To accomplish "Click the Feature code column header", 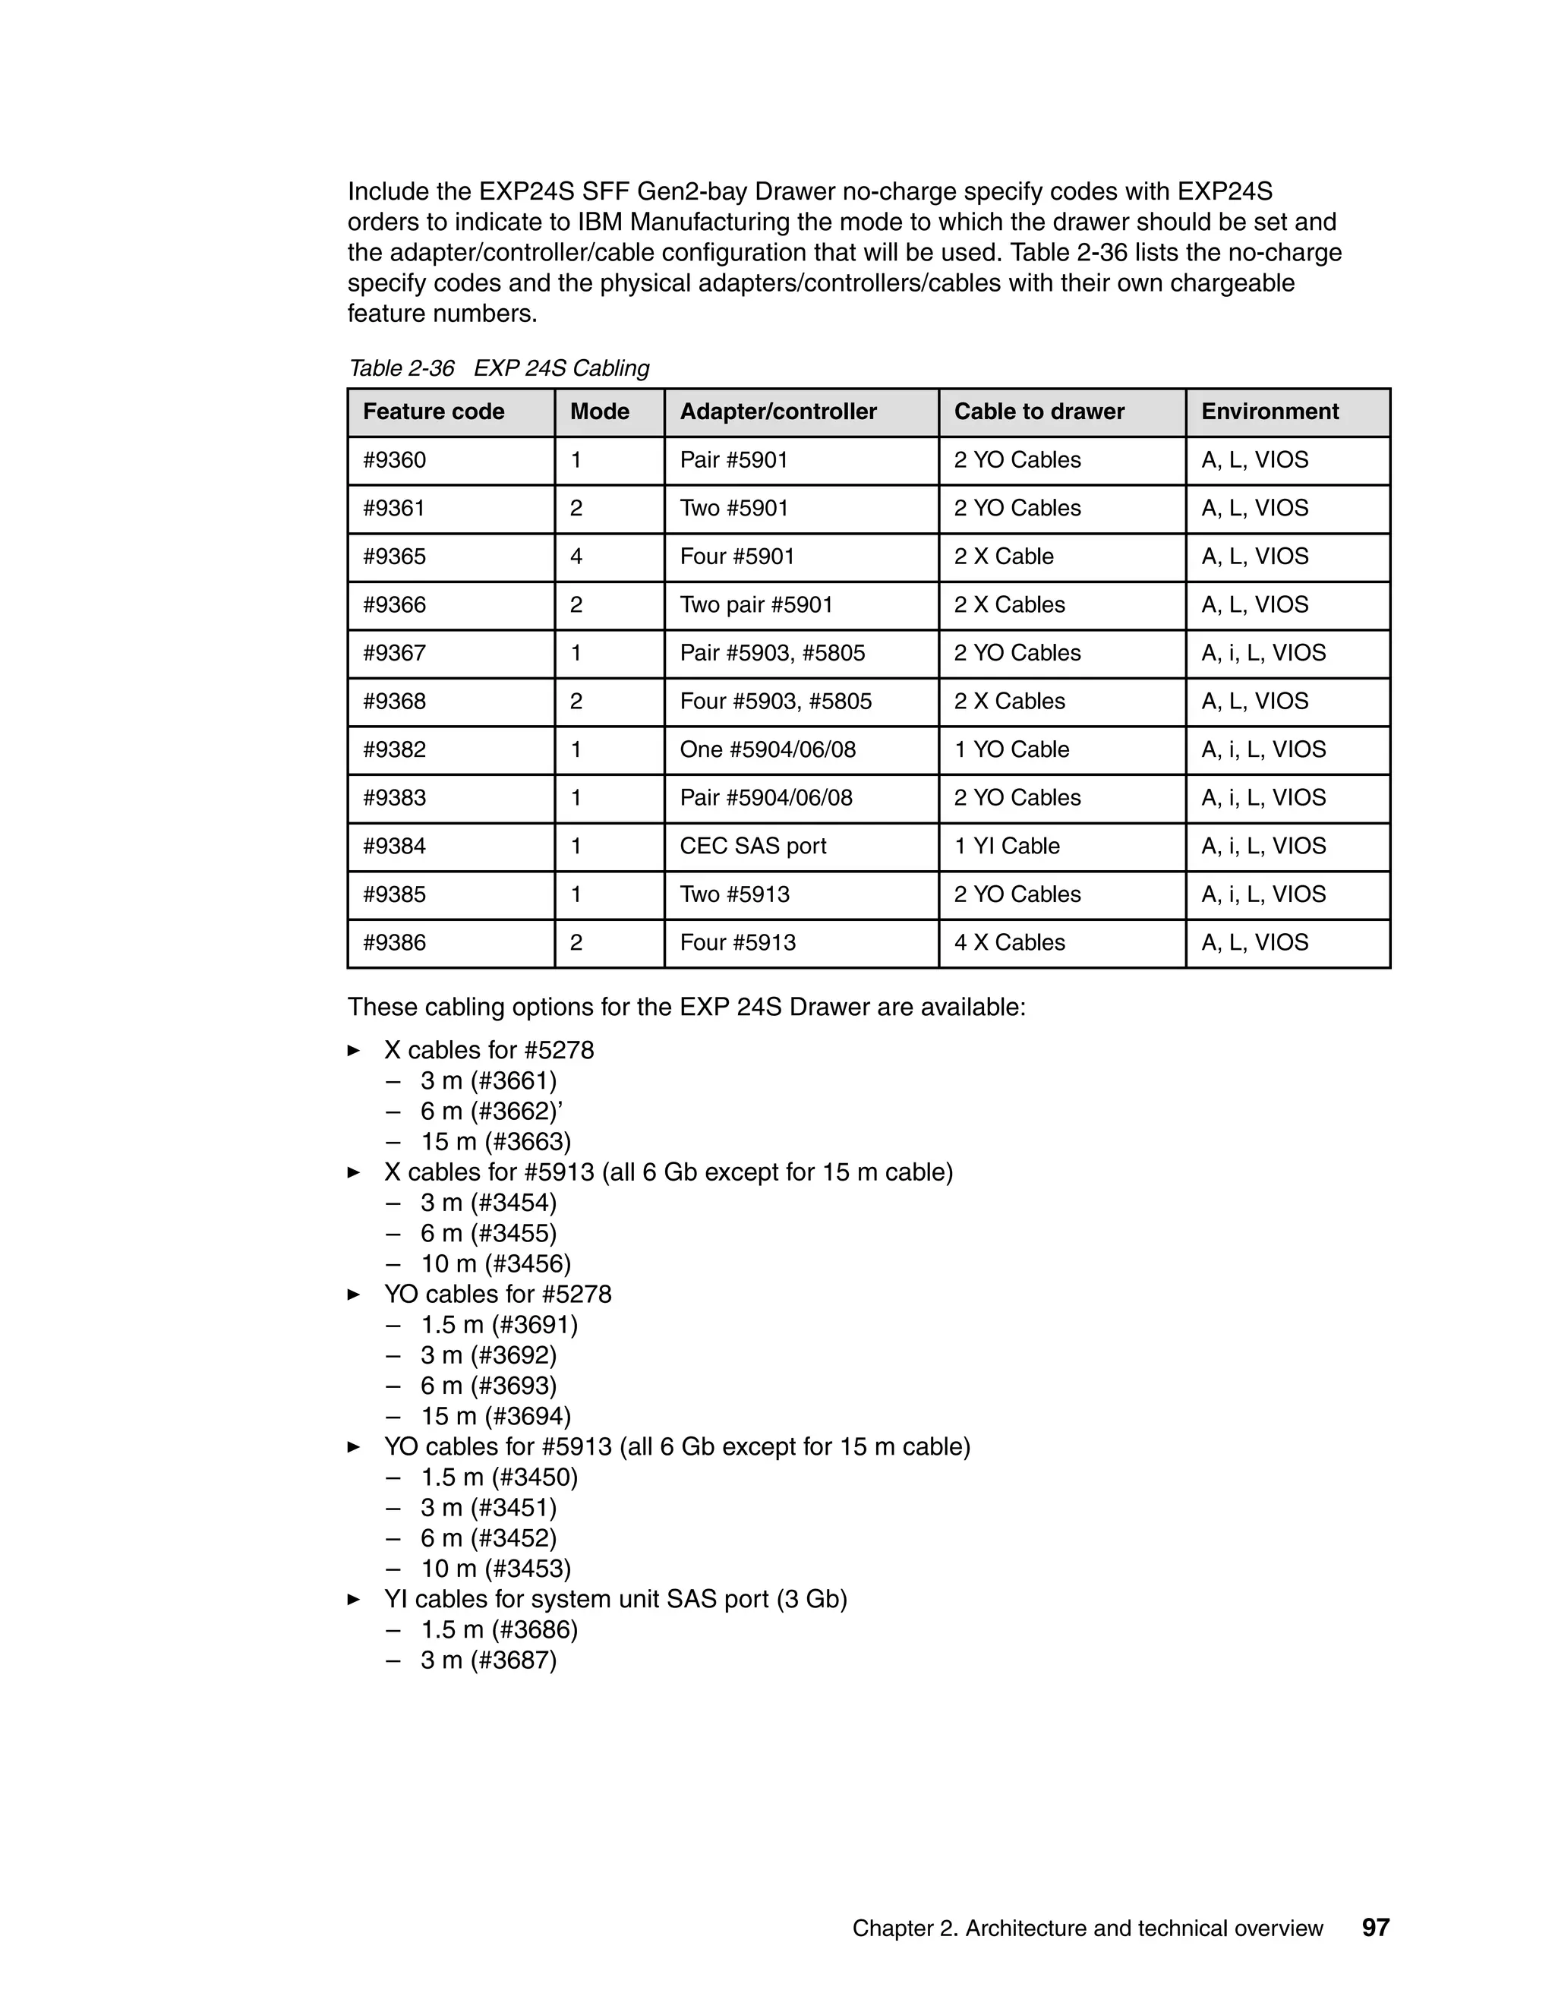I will point(433,412).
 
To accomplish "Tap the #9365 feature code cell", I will point(394,557).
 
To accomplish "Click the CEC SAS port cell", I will point(752,846).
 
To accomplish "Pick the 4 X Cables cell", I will point(1009,942).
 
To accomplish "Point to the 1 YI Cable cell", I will point(1006,846).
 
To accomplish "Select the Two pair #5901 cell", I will point(755,604).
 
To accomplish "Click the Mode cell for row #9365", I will point(577,557).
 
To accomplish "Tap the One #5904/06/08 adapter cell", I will point(768,749).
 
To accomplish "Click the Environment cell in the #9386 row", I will point(1254,942).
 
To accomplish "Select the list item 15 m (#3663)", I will point(496,1141).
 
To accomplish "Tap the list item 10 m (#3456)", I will point(496,1263).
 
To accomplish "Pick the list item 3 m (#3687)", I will point(488,1660).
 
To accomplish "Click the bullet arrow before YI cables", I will point(354,1599).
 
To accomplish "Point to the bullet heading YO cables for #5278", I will point(497,1295).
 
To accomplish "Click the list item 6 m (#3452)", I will point(488,1537).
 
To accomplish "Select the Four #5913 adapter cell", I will point(737,942).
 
